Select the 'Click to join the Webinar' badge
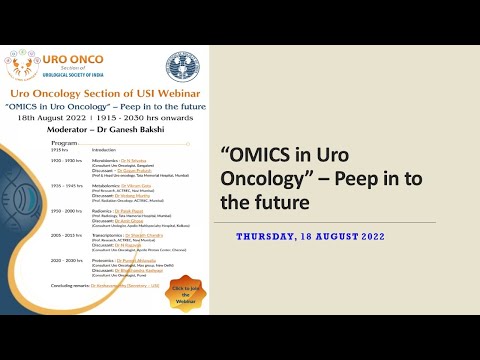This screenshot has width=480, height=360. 183,292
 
